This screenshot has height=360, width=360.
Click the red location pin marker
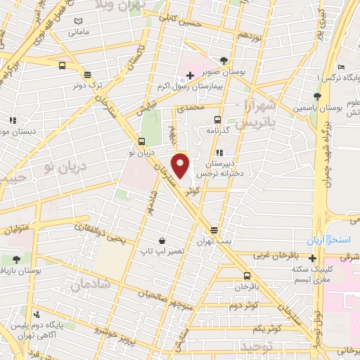(x=181, y=167)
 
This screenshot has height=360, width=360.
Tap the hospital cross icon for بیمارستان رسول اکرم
(x=190, y=75)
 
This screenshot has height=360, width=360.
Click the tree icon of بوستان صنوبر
(x=224, y=60)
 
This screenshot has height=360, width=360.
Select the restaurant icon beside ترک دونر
(x=86, y=75)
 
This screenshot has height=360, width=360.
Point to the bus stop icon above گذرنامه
(x=217, y=119)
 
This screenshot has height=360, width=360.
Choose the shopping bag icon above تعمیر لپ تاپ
(x=162, y=240)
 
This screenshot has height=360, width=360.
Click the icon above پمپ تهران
(x=214, y=230)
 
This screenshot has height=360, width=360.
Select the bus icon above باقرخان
(x=247, y=276)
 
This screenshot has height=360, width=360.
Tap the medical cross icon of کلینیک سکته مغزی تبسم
(x=312, y=257)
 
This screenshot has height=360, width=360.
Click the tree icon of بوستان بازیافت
(x=15, y=259)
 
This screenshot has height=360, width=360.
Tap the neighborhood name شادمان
(x=91, y=283)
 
